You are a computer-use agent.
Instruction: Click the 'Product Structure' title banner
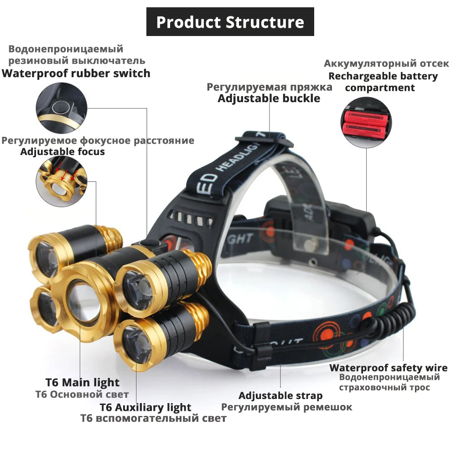(230, 21)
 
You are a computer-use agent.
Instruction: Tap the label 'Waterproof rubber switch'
(76, 73)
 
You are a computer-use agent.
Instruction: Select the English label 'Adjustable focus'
(62, 152)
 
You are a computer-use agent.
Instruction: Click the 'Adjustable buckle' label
(269, 98)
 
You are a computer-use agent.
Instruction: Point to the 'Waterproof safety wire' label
(385, 368)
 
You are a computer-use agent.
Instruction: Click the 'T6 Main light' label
(82, 383)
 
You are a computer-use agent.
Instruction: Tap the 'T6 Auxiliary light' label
(145, 407)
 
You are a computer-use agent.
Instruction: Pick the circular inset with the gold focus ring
(62, 182)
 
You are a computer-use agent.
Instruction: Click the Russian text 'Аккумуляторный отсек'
(386, 63)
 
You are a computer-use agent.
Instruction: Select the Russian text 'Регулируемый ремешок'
(286, 407)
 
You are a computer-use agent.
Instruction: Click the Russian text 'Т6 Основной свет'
(82, 394)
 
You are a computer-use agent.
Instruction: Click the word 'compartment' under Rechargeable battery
(380, 88)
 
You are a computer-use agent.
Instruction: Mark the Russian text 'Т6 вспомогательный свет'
(153, 418)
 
